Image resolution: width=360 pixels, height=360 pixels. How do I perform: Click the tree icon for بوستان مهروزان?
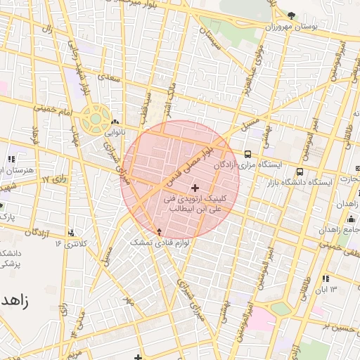[291, 15]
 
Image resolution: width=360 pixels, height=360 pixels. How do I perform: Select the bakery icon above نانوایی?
[114, 122]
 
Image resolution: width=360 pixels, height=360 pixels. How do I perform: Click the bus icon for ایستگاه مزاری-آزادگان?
[247, 154]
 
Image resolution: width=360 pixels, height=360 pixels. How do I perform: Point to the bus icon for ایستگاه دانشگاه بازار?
[300, 172]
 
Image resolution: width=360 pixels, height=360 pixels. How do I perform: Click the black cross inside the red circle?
[195, 188]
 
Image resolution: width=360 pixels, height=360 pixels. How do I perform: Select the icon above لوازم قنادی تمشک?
[159, 231]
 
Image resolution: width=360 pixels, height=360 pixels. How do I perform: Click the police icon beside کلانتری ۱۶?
[73, 233]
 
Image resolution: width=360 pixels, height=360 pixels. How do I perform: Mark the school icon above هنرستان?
[11, 160]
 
